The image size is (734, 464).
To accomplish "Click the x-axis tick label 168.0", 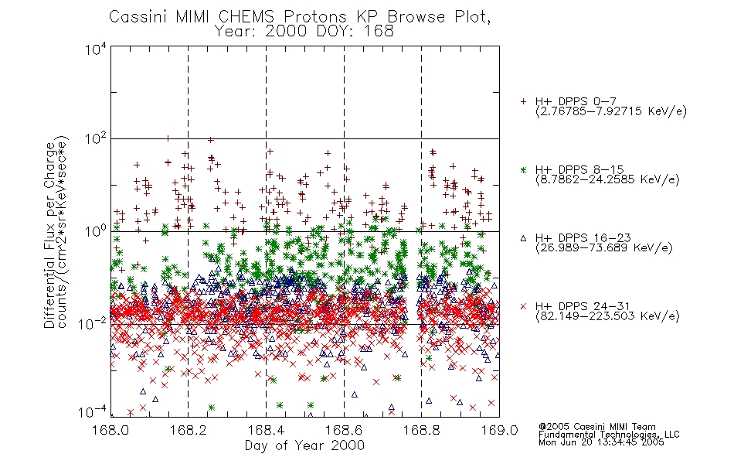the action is (110, 430).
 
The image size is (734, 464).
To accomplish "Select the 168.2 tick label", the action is (189, 430).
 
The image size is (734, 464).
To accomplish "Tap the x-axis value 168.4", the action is (266, 430).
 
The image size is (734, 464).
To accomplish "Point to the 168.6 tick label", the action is (344, 430).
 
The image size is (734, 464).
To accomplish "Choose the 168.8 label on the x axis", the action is (421, 430).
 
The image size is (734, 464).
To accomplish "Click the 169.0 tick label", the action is (499, 430).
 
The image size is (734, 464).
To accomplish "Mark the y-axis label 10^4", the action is (96, 49).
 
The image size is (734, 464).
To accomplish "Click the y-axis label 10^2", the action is (96, 138).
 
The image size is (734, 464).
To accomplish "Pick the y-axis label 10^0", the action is (96, 231).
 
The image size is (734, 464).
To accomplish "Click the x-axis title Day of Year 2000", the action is (304, 445).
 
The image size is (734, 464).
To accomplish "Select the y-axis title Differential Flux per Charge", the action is (50, 235).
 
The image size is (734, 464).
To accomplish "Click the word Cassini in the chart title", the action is (139, 17).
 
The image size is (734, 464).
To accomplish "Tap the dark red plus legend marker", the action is (523, 101).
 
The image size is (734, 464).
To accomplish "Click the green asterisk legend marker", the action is (523, 169).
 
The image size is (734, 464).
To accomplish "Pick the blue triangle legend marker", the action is (523, 238).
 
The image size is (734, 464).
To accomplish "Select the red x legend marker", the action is (523, 306).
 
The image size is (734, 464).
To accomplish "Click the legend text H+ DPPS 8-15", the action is (579, 169).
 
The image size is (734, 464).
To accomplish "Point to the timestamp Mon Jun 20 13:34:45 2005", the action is (601, 442).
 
